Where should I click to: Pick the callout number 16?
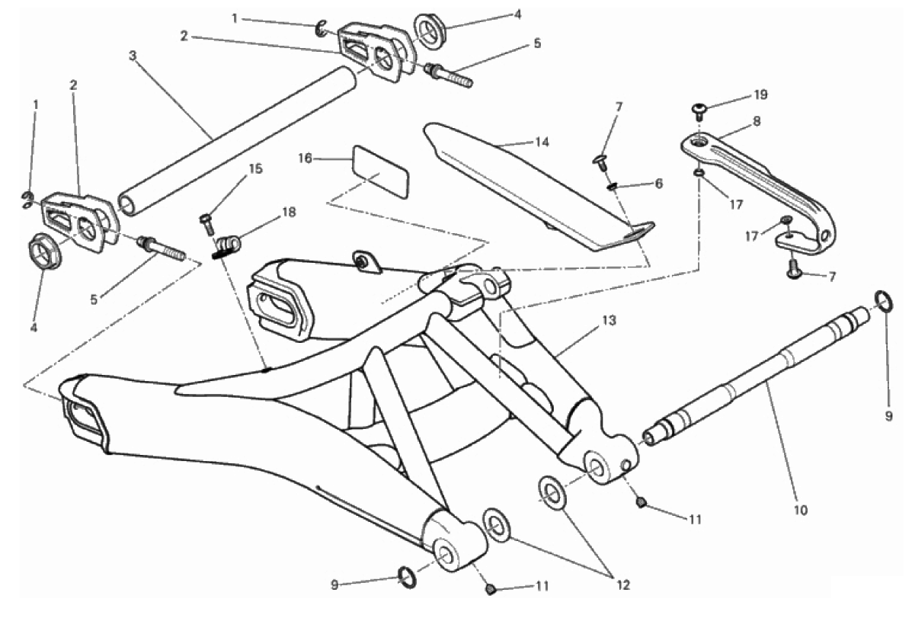click(305, 159)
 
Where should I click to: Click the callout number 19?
click(761, 95)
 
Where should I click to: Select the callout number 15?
click(255, 168)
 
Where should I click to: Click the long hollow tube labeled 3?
click(236, 141)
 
